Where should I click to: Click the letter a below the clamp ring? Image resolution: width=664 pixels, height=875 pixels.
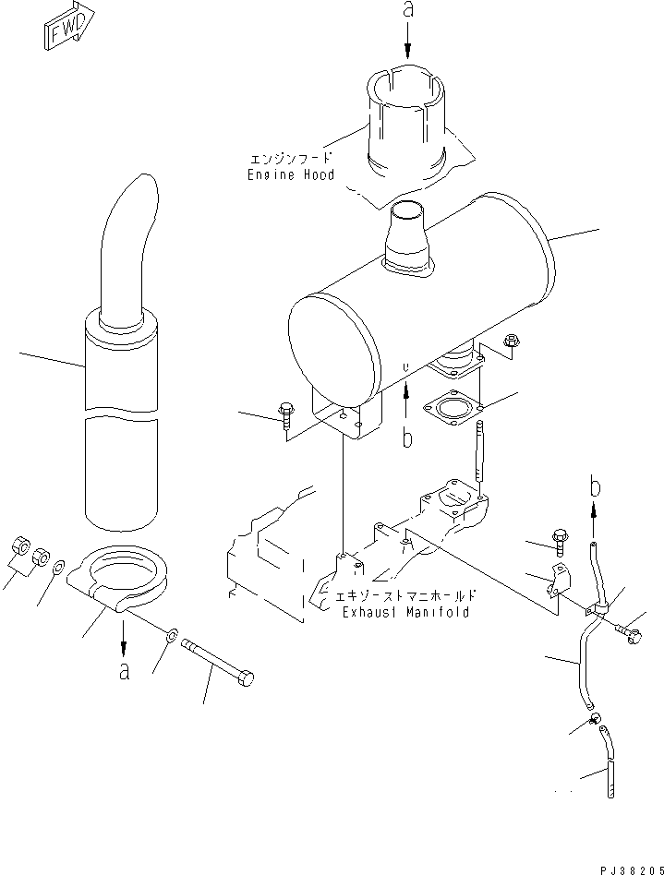[123, 670]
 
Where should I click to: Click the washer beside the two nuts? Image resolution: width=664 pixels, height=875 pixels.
[58, 567]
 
